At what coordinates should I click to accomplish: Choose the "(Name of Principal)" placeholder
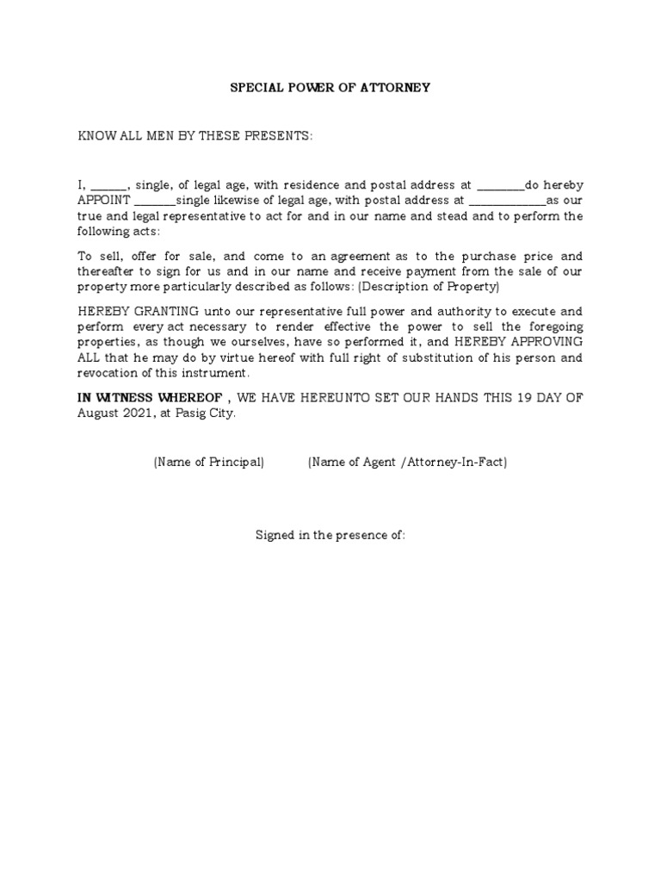pos(208,463)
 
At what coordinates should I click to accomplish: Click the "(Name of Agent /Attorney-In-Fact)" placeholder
pos(407,463)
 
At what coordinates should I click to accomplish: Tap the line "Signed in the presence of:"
pos(330,535)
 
